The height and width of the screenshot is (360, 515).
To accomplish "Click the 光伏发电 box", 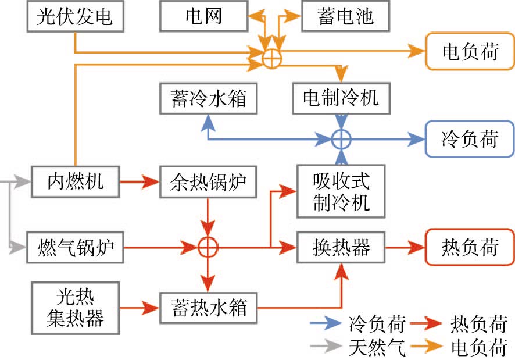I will click(x=75, y=16).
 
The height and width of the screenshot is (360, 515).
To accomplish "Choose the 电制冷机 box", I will click(x=341, y=97).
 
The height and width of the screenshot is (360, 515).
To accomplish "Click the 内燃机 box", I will click(x=75, y=182).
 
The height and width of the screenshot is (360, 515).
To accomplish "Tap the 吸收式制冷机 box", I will click(x=341, y=191).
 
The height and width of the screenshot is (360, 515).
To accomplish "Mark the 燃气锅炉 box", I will click(x=75, y=248).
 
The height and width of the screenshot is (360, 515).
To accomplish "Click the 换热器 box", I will click(x=341, y=248).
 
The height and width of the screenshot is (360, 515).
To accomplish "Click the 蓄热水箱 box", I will click(x=208, y=306).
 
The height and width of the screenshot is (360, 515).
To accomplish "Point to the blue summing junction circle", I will click(x=341, y=140).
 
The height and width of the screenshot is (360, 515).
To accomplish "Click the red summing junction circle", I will click(x=208, y=247).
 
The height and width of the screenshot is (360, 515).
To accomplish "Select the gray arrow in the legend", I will click(x=326, y=347).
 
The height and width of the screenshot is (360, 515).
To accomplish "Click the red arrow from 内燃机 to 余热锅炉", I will click(x=139, y=182).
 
